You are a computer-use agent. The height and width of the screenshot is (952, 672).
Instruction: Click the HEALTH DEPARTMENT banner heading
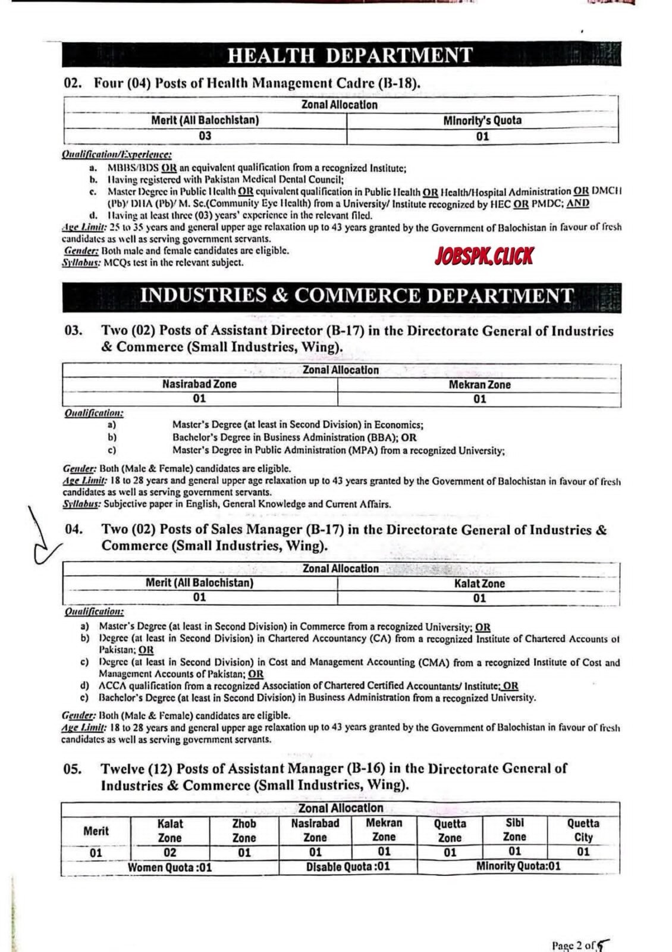[350, 55]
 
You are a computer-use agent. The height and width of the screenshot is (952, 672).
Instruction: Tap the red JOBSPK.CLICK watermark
[484, 256]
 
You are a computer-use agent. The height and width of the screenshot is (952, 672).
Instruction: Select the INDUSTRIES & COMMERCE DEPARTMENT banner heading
[357, 296]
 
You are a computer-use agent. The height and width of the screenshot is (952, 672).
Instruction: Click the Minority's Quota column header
[482, 120]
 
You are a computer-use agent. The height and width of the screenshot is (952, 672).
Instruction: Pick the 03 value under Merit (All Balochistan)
[205, 136]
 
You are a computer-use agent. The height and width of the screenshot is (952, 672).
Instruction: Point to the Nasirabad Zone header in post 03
[199, 384]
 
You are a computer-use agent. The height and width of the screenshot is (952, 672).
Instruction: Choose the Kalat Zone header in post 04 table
[479, 584]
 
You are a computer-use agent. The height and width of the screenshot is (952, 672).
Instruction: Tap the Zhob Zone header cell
[244, 831]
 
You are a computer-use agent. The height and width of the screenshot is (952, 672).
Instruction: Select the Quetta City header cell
[583, 831]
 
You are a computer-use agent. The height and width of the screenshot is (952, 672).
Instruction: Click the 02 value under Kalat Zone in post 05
[169, 852]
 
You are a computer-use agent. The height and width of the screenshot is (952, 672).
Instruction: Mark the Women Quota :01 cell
[169, 867]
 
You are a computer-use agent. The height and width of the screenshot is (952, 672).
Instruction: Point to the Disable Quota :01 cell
[348, 867]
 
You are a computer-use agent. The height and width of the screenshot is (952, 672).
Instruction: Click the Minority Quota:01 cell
[518, 866]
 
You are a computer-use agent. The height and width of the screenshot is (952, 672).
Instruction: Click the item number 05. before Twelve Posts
[73, 769]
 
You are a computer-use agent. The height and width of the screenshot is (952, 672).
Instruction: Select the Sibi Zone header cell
[514, 830]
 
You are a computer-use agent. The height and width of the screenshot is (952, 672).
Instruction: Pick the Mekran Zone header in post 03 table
[479, 384]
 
